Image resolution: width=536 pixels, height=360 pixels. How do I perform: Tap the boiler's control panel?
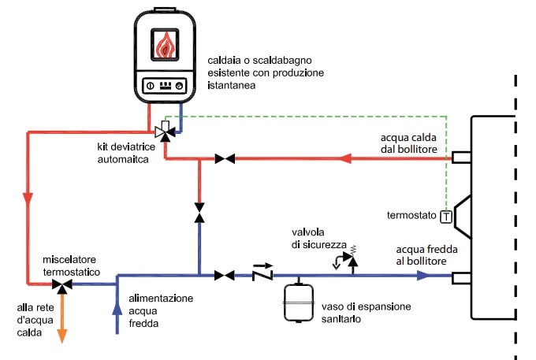pyautogui.click(x=165, y=86)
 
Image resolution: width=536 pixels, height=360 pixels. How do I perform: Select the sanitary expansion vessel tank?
pyautogui.click(x=300, y=302)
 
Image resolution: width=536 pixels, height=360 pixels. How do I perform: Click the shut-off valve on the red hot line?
pyautogui.click(x=225, y=159)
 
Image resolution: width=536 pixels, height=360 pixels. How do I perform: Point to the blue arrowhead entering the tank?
pyautogui.click(x=425, y=275)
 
